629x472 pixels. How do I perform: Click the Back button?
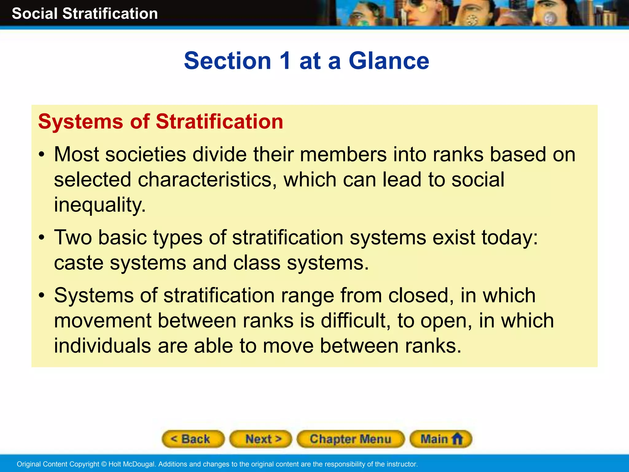pyautogui.click(x=193, y=439)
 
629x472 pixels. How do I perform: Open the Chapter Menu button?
pyautogui.click(x=350, y=439)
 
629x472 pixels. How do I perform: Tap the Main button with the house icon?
pyautogui.click(x=441, y=439)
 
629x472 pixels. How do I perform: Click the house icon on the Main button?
pyautogui.click(x=457, y=439)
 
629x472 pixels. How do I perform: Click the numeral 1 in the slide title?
pyautogui.click(x=285, y=61)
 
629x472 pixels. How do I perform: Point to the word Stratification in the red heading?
pyautogui.click(x=219, y=122)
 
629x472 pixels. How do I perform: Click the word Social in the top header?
pyautogui.click(x=35, y=14)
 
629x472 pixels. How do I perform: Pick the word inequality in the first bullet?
pyautogui.click(x=100, y=205)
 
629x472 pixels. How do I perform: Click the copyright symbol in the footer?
pyautogui.click(x=104, y=464)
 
